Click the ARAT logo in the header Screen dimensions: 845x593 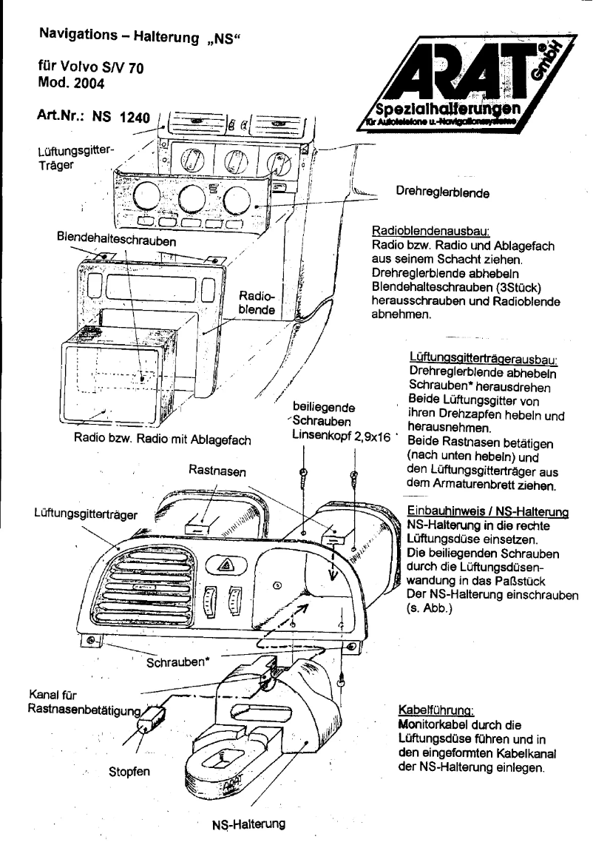[x=466, y=81]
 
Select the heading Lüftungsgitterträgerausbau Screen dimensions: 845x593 [x=482, y=358]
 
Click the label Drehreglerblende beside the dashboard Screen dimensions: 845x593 [x=442, y=193]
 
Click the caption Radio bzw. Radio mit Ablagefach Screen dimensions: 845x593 [x=163, y=439]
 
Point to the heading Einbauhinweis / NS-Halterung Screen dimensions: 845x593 [x=487, y=511]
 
